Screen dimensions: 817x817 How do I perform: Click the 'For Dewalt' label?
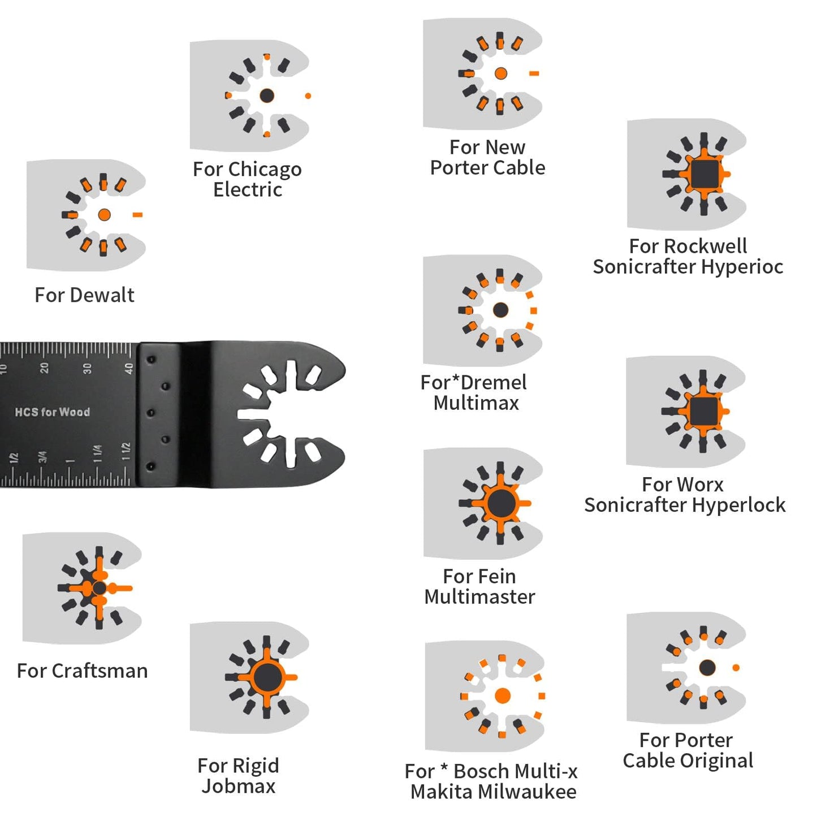click(x=84, y=295)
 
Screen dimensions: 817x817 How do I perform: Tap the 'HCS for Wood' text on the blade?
click(x=53, y=412)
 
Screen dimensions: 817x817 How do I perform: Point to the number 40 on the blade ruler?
click(x=129, y=369)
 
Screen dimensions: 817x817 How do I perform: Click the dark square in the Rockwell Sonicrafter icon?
click(x=704, y=174)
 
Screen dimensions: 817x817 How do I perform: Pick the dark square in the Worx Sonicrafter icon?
click(x=703, y=411)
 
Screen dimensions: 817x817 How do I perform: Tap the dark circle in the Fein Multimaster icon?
click(x=500, y=503)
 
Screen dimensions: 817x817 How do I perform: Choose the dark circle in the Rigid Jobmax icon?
click(x=267, y=677)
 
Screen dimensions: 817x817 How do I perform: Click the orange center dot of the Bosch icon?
click(x=502, y=696)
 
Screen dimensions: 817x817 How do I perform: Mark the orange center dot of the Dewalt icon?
click(x=104, y=215)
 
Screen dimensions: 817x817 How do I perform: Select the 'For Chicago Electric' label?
click(x=247, y=179)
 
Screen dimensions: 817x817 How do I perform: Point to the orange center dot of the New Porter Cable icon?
click(x=500, y=74)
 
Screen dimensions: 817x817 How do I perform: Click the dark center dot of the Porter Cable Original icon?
click(x=707, y=668)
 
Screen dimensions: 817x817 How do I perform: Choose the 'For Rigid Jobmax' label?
click(x=238, y=776)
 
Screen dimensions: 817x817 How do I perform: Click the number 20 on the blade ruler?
click(x=44, y=369)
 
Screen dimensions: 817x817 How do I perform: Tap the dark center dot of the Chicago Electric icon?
click(x=267, y=96)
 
